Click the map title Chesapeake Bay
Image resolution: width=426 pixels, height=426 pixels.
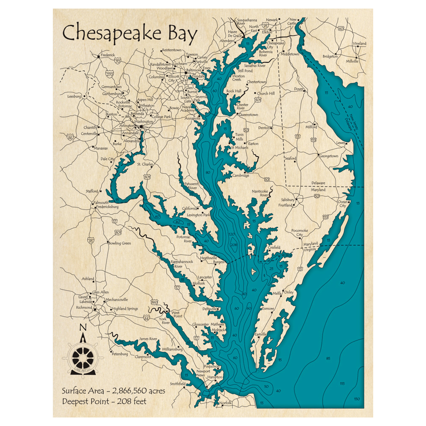click(x=130, y=34)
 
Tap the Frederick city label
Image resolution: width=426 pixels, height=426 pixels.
click(x=108, y=55)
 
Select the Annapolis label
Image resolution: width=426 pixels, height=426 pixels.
click(x=192, y=118)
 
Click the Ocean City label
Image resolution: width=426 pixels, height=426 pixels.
click(x=343, y=204)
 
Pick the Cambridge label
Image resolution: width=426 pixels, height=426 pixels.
click(x=241, y=176)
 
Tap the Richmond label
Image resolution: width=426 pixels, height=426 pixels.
click(x=84, y=307)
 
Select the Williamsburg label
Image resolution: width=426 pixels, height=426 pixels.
click(x=172, y=349)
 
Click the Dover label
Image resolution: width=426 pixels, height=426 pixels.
click(x=299, y=89)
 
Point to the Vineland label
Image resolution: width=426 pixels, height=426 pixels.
click(x=359, y=44)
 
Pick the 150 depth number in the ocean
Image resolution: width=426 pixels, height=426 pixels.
click(x=357, y=399)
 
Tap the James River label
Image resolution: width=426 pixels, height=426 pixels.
click(x=148, y=339)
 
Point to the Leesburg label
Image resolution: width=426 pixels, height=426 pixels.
click(x=74, y=96)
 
